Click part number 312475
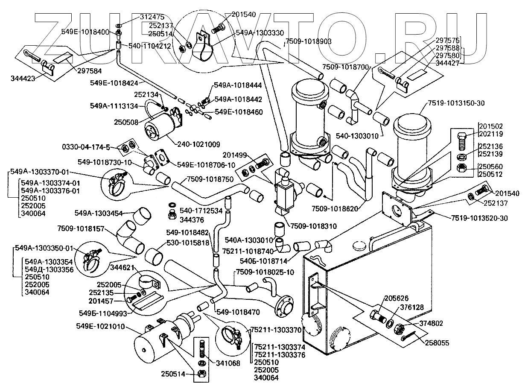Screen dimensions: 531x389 152,17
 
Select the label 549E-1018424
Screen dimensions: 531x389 114,83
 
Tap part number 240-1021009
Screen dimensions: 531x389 198,144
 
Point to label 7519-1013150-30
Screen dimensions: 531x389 457,103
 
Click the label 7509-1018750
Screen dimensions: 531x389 210,179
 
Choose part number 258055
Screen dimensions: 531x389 437,343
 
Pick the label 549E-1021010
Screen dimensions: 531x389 100,327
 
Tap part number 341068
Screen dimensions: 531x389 228,363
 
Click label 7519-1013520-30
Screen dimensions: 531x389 479,218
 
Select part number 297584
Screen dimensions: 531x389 90,71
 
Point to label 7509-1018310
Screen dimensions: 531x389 313,226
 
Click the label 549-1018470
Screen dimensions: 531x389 238,312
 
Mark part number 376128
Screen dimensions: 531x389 412,307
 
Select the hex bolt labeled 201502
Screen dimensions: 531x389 461,141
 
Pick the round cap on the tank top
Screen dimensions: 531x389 361,246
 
